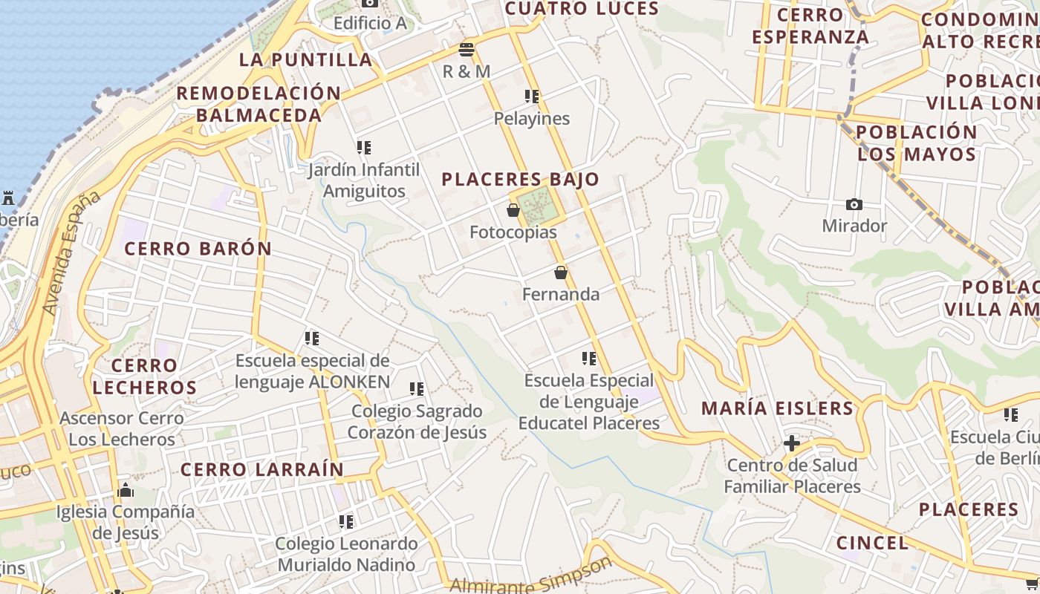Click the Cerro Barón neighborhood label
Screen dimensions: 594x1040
point(198,249)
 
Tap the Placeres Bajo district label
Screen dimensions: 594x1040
point(520,179)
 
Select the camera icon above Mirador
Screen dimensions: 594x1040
point(854,204)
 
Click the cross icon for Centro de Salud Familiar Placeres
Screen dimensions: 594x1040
point(792,444)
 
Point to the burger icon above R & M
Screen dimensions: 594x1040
point(467,50)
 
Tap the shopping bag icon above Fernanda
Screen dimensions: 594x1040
point(561,273)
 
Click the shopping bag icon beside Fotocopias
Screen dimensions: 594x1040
point(513,211)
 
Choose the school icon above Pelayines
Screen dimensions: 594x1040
point(532,97)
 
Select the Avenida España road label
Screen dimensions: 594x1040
point(71,252)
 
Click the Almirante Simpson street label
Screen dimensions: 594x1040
point(531,578)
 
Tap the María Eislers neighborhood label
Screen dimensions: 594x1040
point(778,408)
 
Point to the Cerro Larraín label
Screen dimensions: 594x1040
point(262,469)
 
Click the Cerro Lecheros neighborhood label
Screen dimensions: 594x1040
point(145,376)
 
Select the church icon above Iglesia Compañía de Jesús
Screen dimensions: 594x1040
point(126,490)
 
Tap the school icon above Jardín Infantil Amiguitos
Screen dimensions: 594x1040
point(364,148)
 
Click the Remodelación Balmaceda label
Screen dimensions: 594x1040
point(259,104)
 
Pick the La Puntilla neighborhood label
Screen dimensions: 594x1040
point(305,59)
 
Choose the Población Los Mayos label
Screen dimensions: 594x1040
point(917,143)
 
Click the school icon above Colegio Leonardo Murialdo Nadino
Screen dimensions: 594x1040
point(346,522)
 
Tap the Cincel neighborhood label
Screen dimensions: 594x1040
point(872,543)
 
